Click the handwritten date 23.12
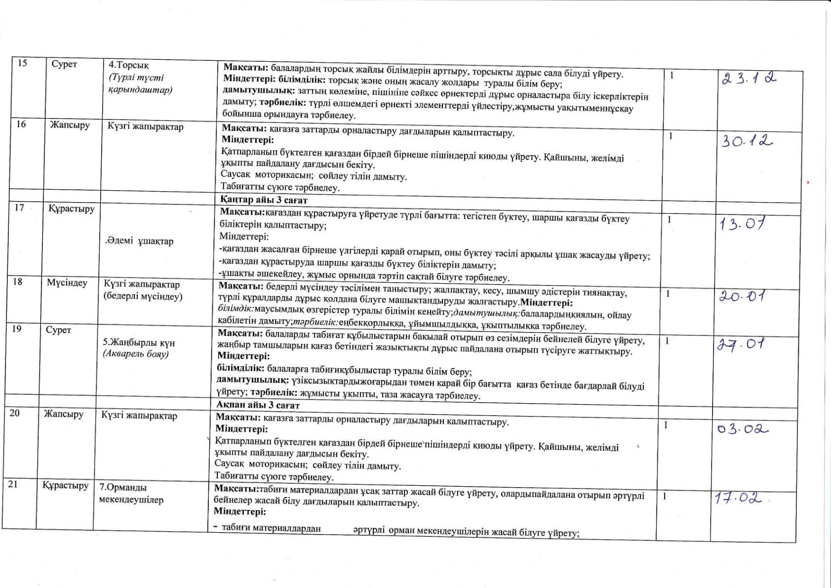(749, 79)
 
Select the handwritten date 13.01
(742, 224)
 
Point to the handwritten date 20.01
(742, 296)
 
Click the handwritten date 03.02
(743, 429)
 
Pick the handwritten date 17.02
(739, 497)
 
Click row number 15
(22, 63)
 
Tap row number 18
(18, 282)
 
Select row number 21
(13, 484)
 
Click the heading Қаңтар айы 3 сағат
(264, 200)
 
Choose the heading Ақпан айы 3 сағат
(258, 405)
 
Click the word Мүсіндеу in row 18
(67, 283)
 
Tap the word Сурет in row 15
(64, 64)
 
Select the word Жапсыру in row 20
(64, 414)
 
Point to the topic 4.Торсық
(129, 65)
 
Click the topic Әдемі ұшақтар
(140, 241)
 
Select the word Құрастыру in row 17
(72, 209)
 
